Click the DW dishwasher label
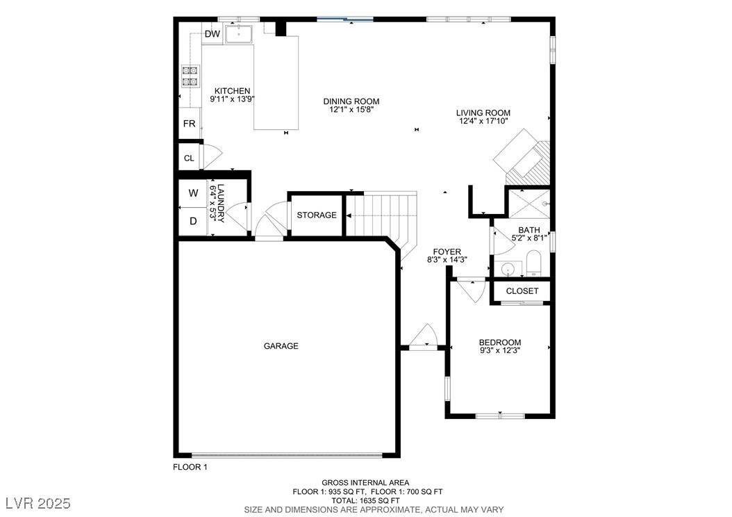pos(213,33)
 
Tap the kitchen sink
pos(238,34)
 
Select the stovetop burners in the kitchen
pos(190,76)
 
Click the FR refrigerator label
pos(189,124)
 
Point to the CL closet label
pos(189,158)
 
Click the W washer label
pos(193,193)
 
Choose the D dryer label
pos(193,221)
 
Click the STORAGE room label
pos(317,215)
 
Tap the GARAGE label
pos(281,346)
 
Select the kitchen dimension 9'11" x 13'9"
pos(232,99)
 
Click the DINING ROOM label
pos(351,101)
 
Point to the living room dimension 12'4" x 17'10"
pos(483,121)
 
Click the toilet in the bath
pos(533,263)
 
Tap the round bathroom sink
pos(507,270)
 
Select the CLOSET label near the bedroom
pos(522,291)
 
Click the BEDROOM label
pos(500,343)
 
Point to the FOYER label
pos(447,252)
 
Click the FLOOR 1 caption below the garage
pos(190,467)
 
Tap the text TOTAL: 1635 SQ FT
pos(365,500)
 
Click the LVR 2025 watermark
pos(38,503)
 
